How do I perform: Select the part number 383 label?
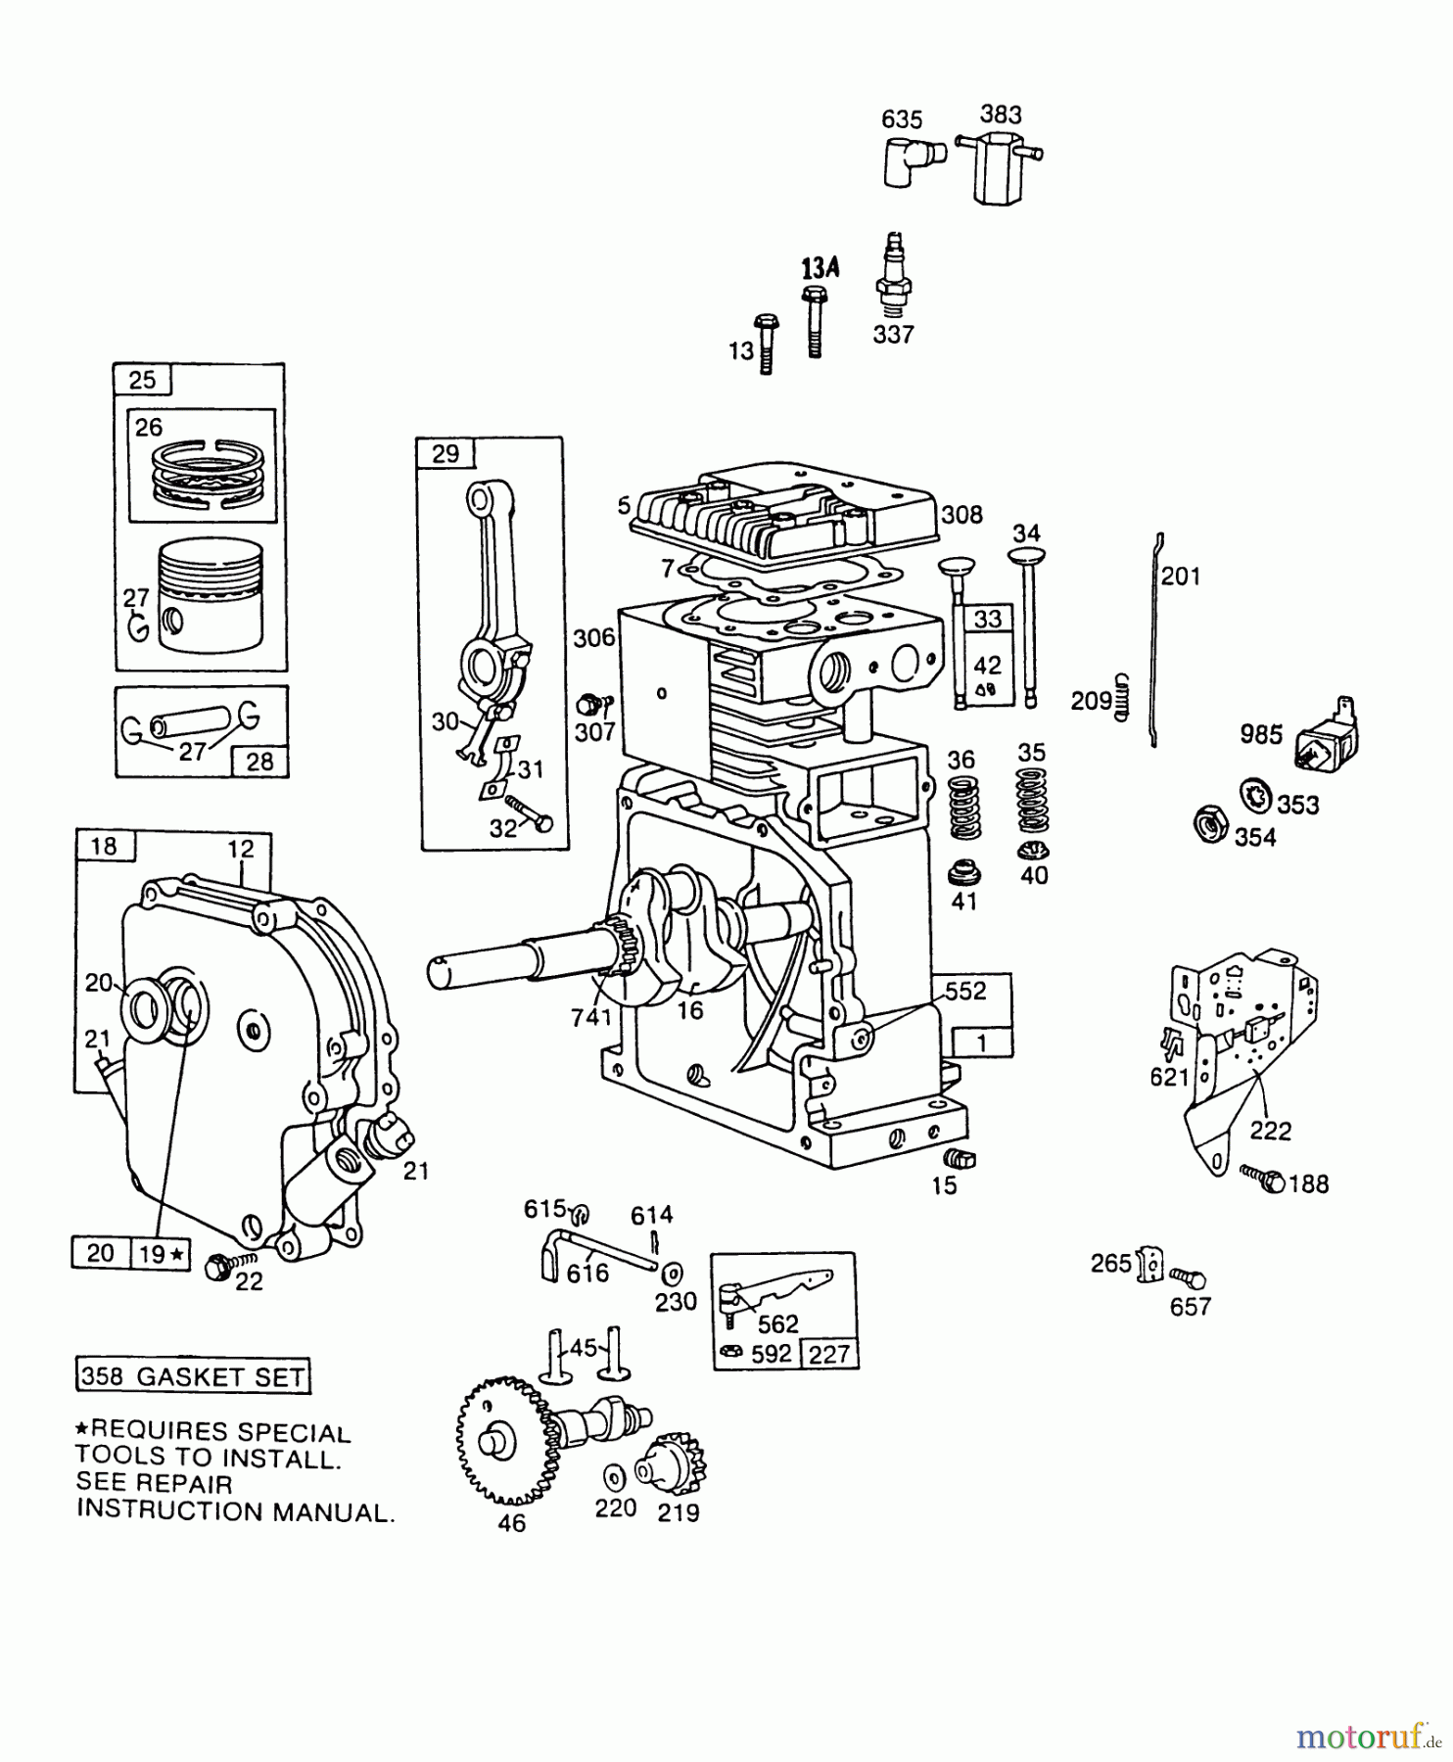click(1001, 115)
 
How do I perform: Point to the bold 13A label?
click(820, 268)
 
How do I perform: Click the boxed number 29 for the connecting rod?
click(445, 453)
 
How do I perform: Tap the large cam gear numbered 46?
click(502, 1440)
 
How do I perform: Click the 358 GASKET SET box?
click(194, 1376)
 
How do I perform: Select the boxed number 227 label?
click(828, 1355)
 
